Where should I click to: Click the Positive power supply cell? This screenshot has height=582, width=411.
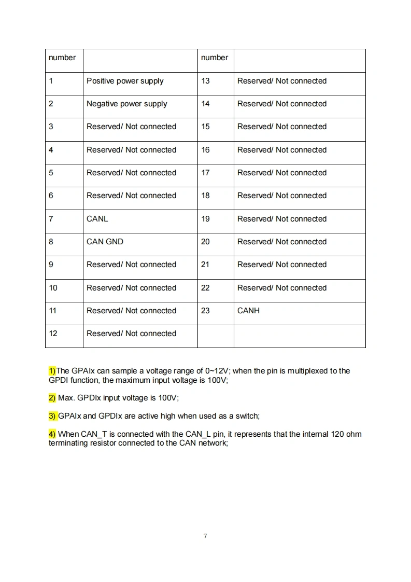(125, 81)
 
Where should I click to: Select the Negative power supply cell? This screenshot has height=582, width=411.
(127, 104)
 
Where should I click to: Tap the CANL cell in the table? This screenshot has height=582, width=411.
(97, 219)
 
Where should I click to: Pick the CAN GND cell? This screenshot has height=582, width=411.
(105, 242)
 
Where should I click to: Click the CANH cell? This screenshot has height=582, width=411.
(248, 311)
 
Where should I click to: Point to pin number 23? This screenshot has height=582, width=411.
(206, 311)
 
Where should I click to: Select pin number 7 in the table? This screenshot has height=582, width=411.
(51, 219)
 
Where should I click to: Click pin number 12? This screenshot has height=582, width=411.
(53, 334)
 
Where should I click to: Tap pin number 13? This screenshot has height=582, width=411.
(206, 81)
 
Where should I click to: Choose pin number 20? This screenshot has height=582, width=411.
(206, 242)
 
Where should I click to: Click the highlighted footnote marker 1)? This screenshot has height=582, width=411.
(52, 371)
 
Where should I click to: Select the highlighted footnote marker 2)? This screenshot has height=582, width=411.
(52, 398)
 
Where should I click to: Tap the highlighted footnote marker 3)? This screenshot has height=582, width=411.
(52, 416)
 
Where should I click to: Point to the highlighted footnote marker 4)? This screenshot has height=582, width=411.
(52, 434)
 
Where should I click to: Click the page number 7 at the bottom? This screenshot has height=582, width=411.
(205, 536)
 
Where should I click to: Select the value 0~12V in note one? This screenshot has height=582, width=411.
(217, 371)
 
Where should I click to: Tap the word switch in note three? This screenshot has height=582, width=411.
(246, 416)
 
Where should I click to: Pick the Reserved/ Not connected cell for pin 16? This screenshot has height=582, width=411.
(282, 150)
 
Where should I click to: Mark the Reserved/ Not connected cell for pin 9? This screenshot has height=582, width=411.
(132, 265)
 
